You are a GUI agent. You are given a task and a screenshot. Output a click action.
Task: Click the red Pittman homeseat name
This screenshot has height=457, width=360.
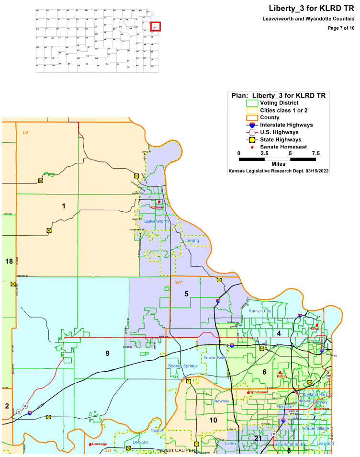[x=157, y=207]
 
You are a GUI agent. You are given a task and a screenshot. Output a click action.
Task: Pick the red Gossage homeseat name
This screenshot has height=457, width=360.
[x=99, y=444]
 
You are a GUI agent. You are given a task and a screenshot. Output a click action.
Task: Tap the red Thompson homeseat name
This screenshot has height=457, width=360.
[x=259, y=392]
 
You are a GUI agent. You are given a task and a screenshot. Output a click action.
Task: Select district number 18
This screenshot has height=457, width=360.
[x=9, y=261]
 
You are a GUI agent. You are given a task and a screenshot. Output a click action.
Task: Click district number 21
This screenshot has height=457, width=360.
[x=258, y=439]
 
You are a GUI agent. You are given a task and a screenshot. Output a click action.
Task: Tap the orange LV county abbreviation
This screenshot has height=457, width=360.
[x=25, y=132]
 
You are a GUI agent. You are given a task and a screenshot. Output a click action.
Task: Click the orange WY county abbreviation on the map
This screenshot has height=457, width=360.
[x=179, y=283]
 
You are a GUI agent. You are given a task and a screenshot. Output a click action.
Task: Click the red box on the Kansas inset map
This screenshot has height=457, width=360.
[x=156, y=27]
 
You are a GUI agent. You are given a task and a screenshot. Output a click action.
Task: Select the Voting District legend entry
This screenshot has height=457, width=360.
[x=279, y=103]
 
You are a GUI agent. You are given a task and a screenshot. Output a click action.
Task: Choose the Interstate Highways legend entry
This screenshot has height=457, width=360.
[x=286, y=125]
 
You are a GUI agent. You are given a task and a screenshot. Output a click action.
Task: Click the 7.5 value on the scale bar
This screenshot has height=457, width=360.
[x=315, y=153]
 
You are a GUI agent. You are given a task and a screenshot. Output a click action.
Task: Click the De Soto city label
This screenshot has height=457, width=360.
[x=141, y=442]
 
